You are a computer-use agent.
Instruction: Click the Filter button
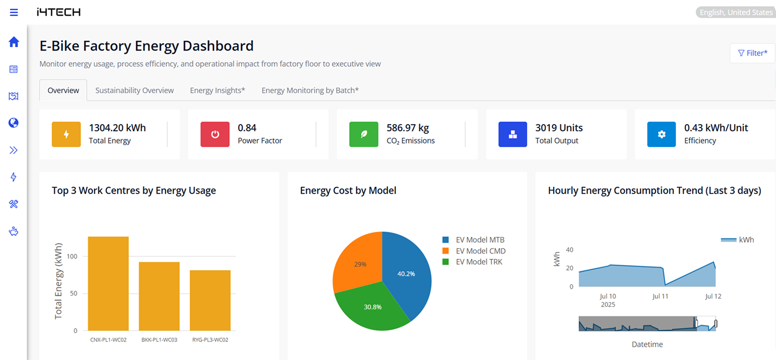pyautogui.click(x=752, y=53)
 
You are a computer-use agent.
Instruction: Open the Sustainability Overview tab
pyautogui.click(x=134, y=90)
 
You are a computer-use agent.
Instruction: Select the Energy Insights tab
pyautogui.click(x=217, y=90)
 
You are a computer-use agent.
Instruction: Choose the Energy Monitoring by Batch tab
pyautogui.click(x=310, y=90)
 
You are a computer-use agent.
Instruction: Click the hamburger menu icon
pyautogui.click(x=14, y=12)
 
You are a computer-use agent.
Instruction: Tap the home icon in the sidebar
pyautogui.click(x=14, y=42)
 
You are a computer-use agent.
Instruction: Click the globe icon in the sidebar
pyautogui.click(x=14, y=123)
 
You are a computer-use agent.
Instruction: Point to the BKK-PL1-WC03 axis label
pyautogui.click(x=159, y=340)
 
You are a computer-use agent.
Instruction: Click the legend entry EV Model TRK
pyautogui.click(x=478, y=262)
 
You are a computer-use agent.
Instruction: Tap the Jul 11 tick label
pyautogui.click(x=660, y=296)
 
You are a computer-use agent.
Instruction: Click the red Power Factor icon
pyautogui.click(x=215, y=134)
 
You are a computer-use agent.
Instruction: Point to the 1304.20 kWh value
pyautogui.click(x=117, y=128)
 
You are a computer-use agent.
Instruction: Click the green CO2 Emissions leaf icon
pyautogui.click(x=364, y=134)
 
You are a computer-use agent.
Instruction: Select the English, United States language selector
pyautogui.click(x=735, y=12)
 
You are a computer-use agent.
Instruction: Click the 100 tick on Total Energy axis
pyautogui.click(x=72, y=256)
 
